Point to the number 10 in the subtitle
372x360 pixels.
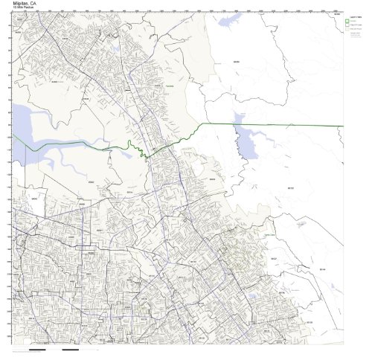tap(15, 8)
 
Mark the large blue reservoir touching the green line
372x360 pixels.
tap(243, 135)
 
